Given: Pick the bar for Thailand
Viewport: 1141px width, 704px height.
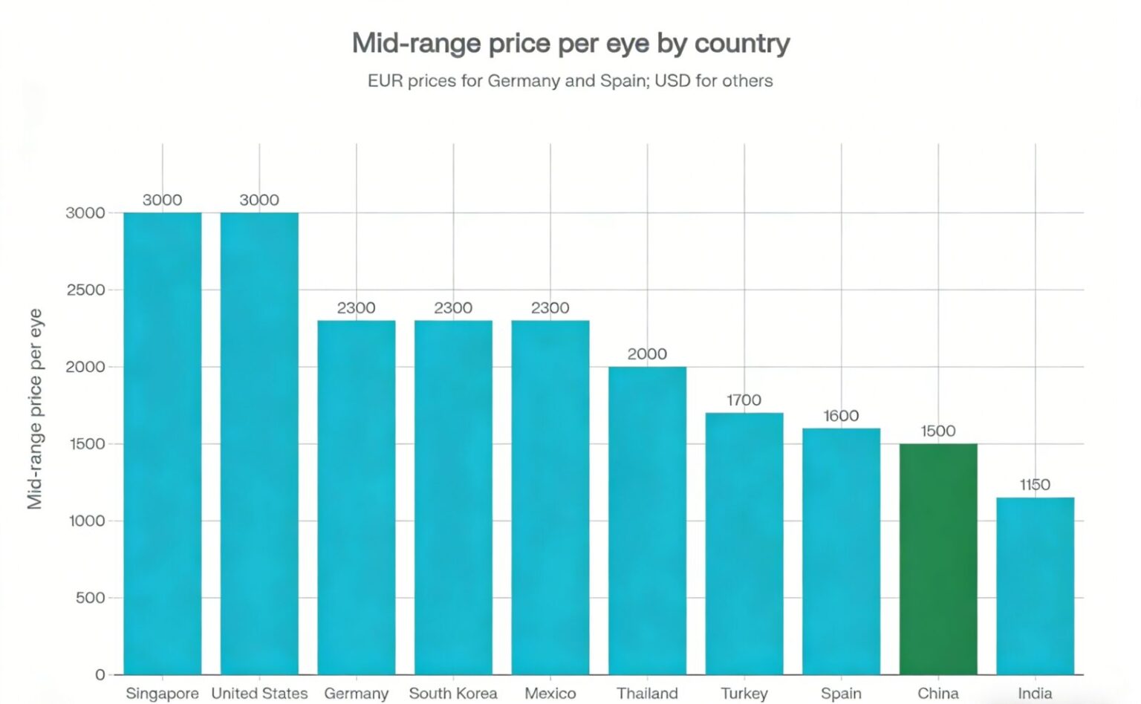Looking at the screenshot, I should coord(647,520).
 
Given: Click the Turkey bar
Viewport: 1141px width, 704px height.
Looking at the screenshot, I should coord(744,543).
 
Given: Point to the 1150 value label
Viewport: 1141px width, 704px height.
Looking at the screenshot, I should coord(1035,485).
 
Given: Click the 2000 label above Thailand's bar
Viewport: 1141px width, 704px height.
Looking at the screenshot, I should coord(647,354).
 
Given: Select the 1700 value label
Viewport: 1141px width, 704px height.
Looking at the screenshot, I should coord(744,400).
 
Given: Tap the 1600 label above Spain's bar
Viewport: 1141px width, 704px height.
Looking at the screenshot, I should coord(841,416).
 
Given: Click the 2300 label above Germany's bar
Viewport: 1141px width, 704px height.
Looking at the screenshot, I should coord(356,308).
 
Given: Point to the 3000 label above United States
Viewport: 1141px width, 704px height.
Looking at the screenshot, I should coord(259,201).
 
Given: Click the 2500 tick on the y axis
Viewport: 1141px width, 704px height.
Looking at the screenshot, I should coord(85,290).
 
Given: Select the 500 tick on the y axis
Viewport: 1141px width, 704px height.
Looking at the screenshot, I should coord(90,598).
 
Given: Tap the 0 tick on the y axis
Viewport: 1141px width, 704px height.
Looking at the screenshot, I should coord(100,675).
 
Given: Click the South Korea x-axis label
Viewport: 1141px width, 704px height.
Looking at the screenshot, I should coord(453,694).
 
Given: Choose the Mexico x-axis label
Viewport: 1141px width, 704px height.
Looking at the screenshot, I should coord(550,694).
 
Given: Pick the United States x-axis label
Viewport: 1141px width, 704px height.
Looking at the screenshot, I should coord(259,694).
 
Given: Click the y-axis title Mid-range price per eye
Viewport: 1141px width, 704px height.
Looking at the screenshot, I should coord(35,408).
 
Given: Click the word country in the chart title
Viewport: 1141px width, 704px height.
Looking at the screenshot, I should coord(741,44).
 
